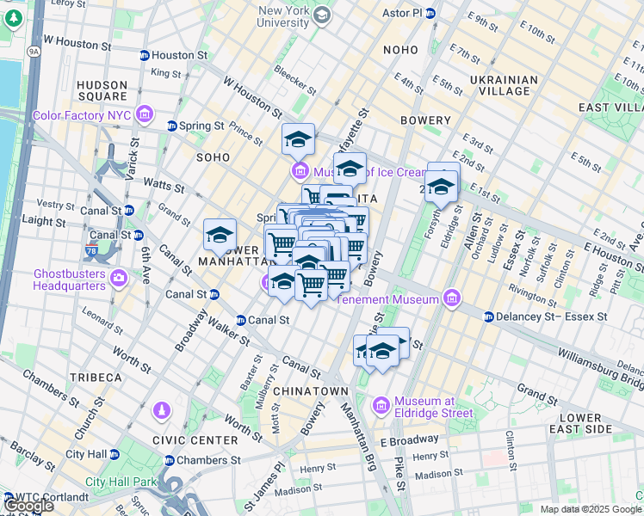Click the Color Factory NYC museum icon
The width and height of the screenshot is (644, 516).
(144, 114)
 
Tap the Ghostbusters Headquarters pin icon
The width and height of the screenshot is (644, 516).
(119, 279)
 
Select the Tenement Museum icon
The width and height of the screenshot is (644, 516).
(451, 299)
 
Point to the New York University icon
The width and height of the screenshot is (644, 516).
(321, 15)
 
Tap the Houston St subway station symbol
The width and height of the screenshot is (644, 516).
(145, 55)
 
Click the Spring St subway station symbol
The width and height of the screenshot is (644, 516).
(172, 126)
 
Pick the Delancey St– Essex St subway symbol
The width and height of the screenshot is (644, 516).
(489, 316)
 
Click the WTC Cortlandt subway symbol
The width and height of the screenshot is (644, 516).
(9, 497)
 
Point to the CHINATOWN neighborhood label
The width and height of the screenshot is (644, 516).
(310, 390)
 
